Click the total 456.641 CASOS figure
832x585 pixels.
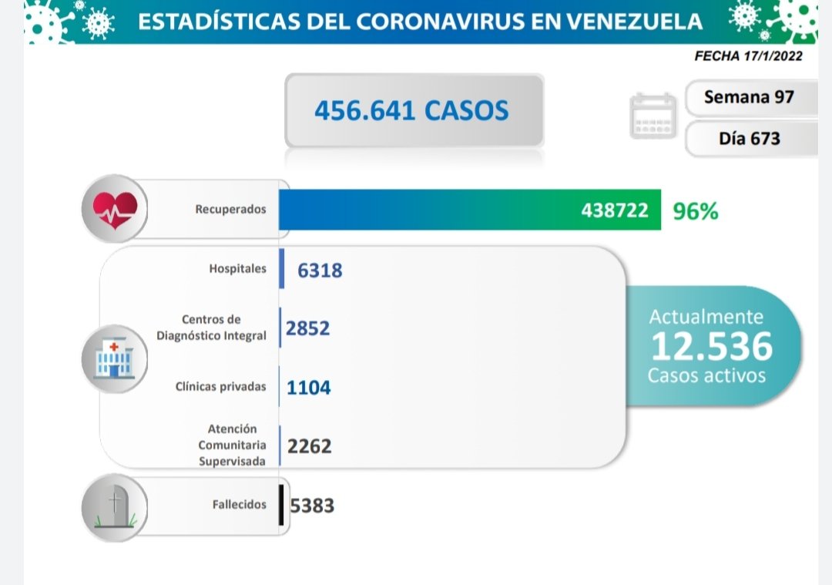tap(411, 110)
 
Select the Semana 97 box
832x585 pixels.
tap(749, 97)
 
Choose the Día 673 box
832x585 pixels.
tap(749, 139)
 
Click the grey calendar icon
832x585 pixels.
tap(653, 116)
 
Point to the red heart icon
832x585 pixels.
tap(115, 208)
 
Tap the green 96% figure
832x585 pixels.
tap(696, 211)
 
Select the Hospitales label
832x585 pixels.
tap(237, 269)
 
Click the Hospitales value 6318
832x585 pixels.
tap(320, 270)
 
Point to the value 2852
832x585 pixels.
tap(307, 328)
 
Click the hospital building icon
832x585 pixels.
tap(115, 359)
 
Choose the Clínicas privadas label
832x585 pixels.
tap(220, 386)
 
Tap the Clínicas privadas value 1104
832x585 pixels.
tap(308, 387)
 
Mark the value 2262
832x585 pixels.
tap(309, 445)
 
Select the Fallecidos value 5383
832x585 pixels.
tap(312, 506)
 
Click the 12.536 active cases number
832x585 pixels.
tap(711, 347)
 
